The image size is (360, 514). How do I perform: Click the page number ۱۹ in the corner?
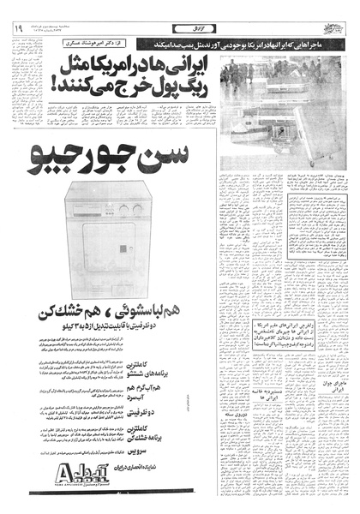tap(16, 27)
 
